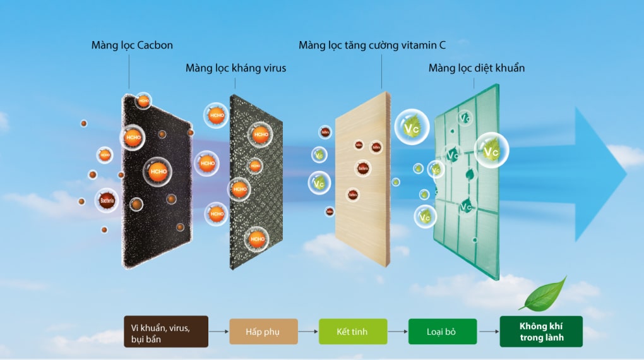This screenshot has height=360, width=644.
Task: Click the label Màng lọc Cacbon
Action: coord(132,45)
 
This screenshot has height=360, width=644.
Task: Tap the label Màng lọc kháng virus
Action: coord(236,68)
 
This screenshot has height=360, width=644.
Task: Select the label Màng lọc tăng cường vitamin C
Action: coord(372,45)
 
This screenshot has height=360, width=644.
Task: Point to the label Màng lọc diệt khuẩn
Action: coord(476,68)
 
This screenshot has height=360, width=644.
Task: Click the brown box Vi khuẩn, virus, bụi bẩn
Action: coord(165,332)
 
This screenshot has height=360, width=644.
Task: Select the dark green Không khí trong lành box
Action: coord(541,332)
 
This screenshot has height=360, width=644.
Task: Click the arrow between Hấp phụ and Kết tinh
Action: coord(307,332)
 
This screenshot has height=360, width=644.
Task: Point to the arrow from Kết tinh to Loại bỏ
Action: coord(397,332)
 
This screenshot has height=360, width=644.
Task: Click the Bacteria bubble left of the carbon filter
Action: coord(107,201)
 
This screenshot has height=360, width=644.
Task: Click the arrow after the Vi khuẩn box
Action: coord(218,332)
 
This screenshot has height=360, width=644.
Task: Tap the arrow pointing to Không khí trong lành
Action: coord(487,332)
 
